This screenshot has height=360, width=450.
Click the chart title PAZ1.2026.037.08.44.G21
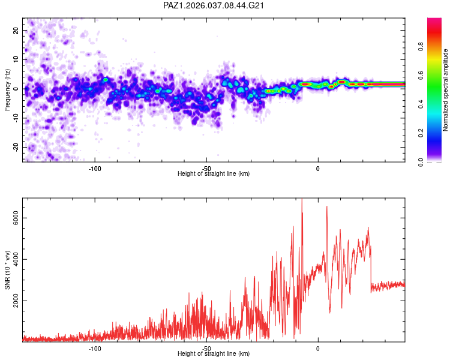point(214,5)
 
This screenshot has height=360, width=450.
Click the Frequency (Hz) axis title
point(7,90)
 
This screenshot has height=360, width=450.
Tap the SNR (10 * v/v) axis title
point(7,271)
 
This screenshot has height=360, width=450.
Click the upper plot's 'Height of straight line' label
point(214,173)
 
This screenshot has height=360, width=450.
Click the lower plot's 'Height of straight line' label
point(214,353)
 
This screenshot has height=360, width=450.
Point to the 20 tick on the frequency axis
point(16,30)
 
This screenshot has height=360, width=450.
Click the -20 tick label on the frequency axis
point(15,147)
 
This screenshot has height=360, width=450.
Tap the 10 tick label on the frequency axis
point(16,59)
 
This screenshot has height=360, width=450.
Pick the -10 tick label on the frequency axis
point(15,118)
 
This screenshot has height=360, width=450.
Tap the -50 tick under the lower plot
point(206,347)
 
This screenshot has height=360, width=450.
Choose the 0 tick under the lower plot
point(318,347)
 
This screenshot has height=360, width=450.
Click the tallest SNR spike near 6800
point(302,200)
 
